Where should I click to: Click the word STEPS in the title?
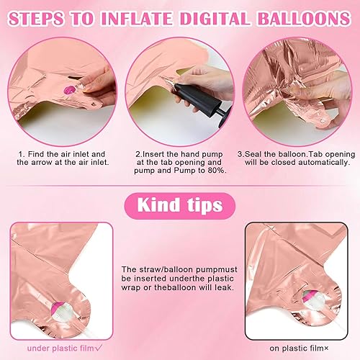tap(37, 18)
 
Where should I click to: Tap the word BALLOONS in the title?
tap(304, 18)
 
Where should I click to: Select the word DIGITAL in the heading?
tap(215, 18)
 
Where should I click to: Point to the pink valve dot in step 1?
tap(70, 90)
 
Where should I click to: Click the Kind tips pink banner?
tap(180, 206)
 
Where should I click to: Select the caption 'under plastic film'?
tap(60, 348)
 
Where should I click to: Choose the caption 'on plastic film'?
tap(297, 348)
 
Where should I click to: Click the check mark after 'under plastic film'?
tap(99, 348)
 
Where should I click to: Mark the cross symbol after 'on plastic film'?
tap(326, 348)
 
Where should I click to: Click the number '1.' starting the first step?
tap(22, 154)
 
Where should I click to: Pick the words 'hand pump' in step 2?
tap(202, 154)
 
